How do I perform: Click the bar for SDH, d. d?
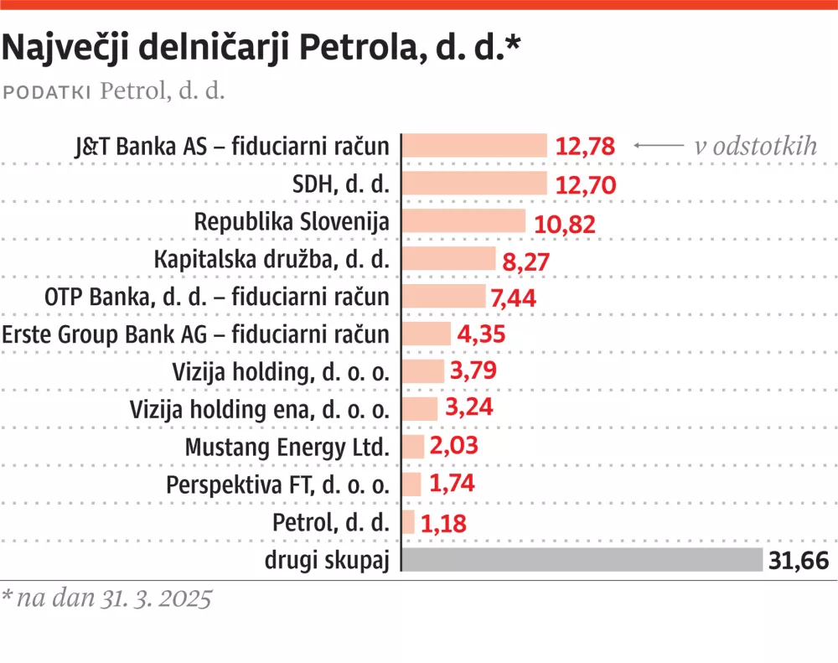(x=474, y=184)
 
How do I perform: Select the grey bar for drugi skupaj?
(x=582, y=561)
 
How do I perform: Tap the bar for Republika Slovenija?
(x=463, y=221)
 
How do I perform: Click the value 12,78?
(x=585, y=147)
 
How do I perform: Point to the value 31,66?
(x=799, y=561)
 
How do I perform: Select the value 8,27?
(x=525, y=260)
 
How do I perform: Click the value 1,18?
(x=443, y=523)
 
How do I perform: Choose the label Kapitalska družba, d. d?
(x=272, y=260)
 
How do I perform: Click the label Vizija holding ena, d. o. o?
(x=260, y=410)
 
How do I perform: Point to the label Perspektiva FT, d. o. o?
(x=277, y=485)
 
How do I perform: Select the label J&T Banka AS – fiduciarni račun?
(x=232, y=147)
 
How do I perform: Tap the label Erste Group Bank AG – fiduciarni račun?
(x=196, y=334)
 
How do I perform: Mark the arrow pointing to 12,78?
(x=659, y=146)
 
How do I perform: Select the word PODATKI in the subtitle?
(x=48, y=91)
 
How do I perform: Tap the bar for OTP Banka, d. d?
(x=444, y=297)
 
